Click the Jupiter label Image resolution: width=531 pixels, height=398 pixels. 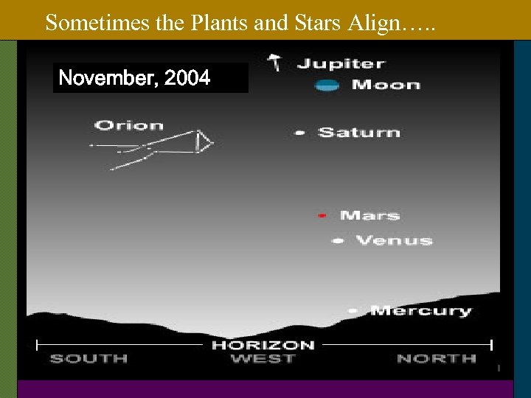(341, 63)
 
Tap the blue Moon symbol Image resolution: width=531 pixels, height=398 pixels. (327, 85)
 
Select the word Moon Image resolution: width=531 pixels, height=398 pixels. (386, 85)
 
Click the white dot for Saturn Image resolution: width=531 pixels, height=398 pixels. (300, 133)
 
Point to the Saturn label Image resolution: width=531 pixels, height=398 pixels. (359, 133)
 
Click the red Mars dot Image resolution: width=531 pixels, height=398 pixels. (322, 215)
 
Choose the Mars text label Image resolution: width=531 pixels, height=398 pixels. (369, 215)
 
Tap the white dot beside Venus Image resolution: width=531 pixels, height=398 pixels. (338, 240)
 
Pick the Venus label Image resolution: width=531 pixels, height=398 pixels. (394, 240)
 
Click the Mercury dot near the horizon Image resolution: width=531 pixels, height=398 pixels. (353, 311)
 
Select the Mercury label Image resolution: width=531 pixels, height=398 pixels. (420, 311)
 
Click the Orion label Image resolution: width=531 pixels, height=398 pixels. (129, 125)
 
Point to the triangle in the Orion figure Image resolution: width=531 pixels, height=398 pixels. (204, 142)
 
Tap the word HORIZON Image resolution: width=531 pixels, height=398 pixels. (263, 344)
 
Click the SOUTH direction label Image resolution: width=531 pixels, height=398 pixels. (88, 359)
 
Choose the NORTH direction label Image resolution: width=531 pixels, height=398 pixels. (437, 359)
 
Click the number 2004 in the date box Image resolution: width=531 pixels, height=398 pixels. (188, 77)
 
